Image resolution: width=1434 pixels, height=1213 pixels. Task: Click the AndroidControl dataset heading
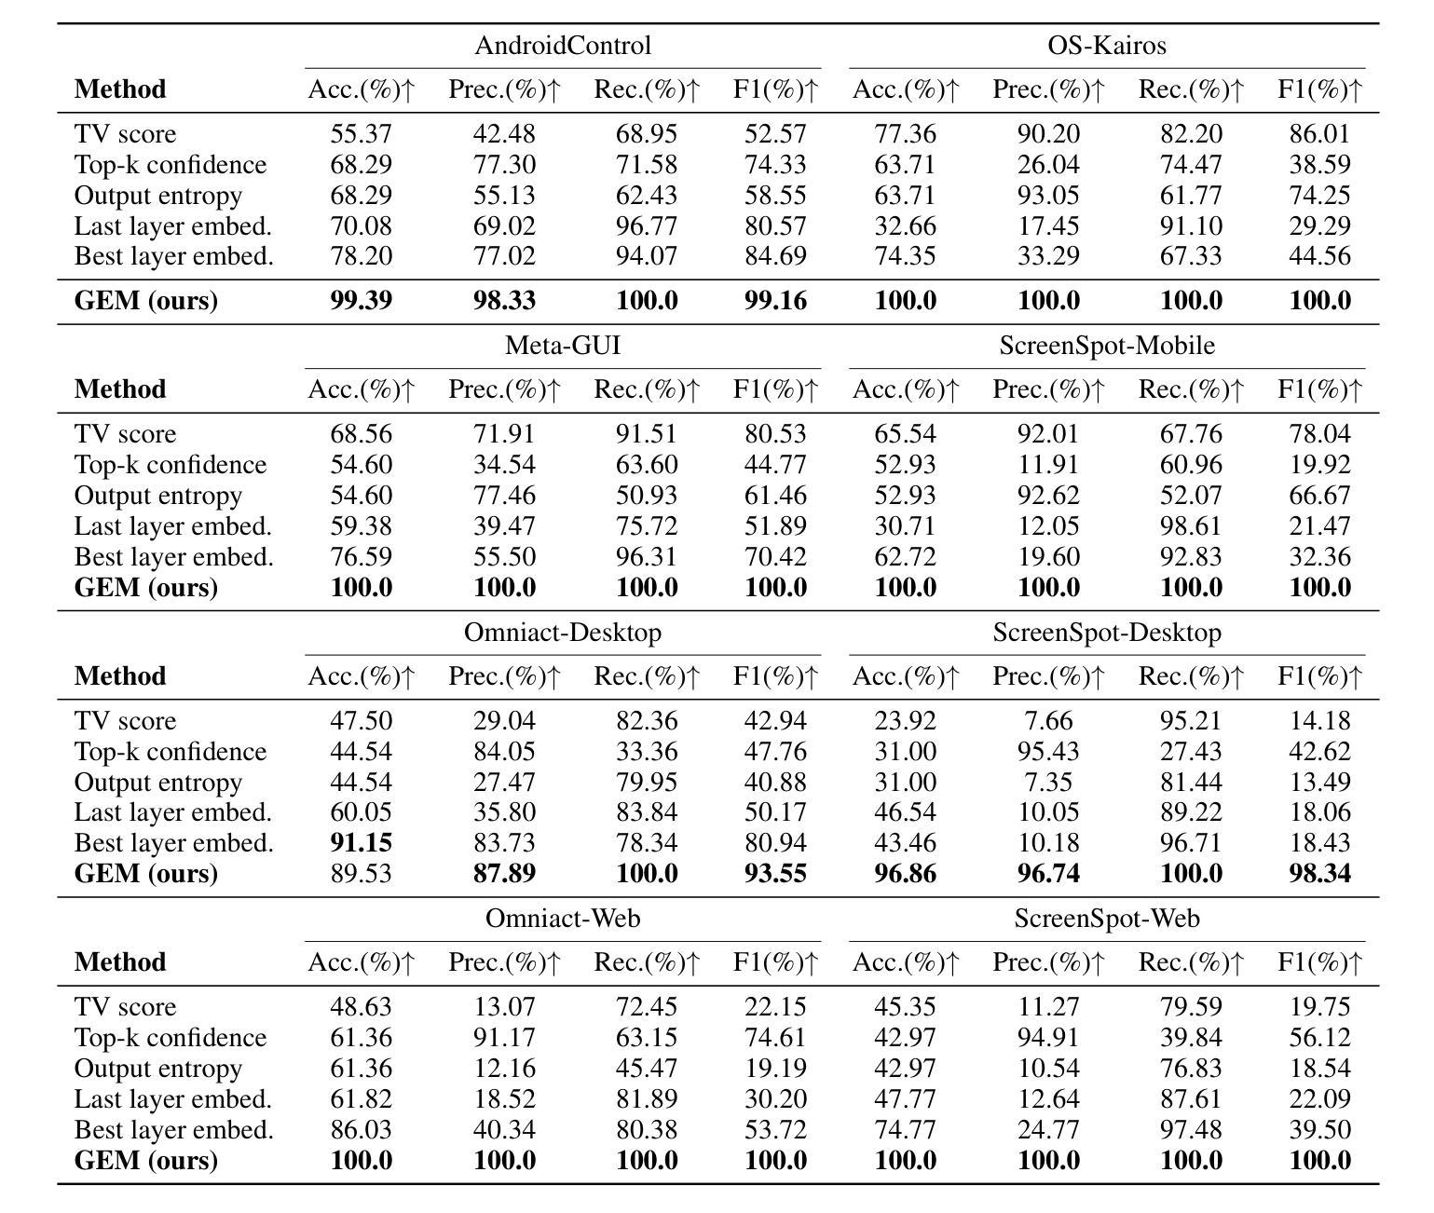563,46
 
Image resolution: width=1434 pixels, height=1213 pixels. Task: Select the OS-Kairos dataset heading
1107,46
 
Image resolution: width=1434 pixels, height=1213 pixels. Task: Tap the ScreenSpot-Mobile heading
1107,346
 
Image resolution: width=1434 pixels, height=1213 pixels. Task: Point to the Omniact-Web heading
563,919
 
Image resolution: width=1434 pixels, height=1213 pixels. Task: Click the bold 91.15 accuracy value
361,842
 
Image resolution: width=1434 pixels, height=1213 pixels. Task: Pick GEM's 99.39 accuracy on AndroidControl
361,300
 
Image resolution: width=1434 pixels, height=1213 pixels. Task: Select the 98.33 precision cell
504,300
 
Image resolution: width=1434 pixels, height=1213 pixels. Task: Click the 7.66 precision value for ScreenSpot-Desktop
1048,720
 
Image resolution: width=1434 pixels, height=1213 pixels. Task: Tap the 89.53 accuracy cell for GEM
361,873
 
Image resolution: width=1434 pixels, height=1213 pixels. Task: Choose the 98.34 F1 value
1319,873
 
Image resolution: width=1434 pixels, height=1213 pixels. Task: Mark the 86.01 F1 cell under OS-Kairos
1319,134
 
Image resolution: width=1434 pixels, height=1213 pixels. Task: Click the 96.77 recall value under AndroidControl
647,226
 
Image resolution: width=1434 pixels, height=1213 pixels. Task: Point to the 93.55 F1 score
775,873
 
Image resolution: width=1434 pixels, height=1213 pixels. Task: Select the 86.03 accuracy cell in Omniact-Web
361,1130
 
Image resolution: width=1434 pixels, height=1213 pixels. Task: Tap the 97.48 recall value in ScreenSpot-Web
1191,1130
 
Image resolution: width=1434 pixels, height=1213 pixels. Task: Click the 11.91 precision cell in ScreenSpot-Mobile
1048,465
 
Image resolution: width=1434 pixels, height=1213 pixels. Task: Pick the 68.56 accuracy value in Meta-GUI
361,434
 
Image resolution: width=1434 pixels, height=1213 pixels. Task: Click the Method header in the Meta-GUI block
120,389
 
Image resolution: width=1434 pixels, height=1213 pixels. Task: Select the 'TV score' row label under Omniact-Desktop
125,720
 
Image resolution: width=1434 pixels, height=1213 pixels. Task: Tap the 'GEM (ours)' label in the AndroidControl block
145,300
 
